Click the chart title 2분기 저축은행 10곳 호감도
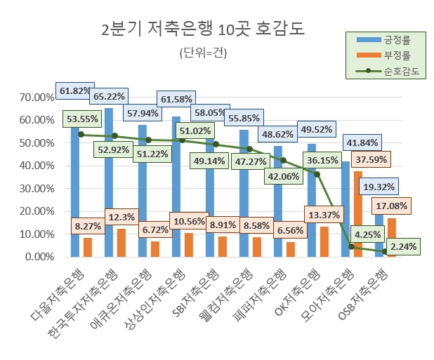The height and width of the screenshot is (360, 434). (203, 29)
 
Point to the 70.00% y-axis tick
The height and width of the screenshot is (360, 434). (33, 97)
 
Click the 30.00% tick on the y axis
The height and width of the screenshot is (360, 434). (33, 188)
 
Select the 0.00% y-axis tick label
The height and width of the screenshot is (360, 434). (36, 257)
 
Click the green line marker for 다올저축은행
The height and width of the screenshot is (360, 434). (81, 135)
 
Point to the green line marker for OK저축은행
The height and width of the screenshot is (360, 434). (317, 174)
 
